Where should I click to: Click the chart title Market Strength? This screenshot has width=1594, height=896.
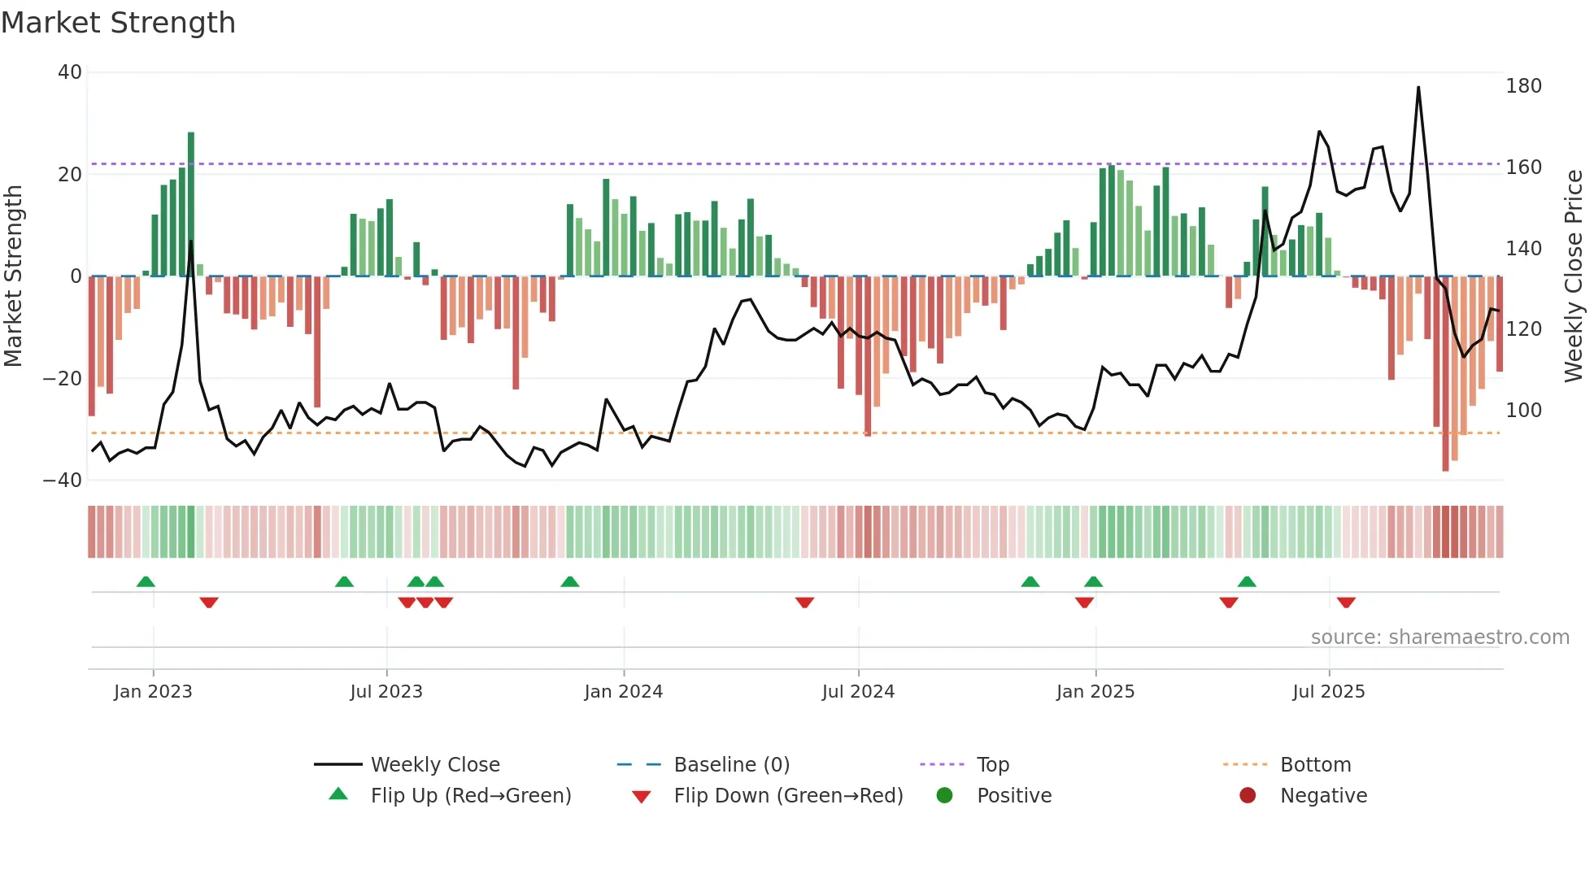[x=118, y=23]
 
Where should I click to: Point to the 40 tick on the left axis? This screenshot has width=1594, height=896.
[x=70, y=72]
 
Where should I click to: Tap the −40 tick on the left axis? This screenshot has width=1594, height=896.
[x=63, y=481]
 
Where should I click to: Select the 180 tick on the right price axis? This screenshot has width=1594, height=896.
[x=1523, y=86]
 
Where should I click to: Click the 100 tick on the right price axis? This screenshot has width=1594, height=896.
[x=1523, y=411]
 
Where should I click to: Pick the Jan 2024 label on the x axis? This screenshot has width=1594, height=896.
[x=623, y=692]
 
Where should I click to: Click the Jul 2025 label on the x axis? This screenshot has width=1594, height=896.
[x=1328, y=692]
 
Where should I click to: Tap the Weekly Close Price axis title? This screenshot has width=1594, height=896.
[x=1574, y=276]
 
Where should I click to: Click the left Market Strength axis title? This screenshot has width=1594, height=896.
[x=13, y=276]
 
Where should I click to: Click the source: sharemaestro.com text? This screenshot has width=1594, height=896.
[x=1439, y=637]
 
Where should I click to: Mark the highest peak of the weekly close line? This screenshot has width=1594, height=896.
[x=1418, y=88]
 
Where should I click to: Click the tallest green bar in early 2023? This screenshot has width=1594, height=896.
[x=191, y=203]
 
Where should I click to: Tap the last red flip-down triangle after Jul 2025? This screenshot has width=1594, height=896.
[x=1346, y=602]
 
